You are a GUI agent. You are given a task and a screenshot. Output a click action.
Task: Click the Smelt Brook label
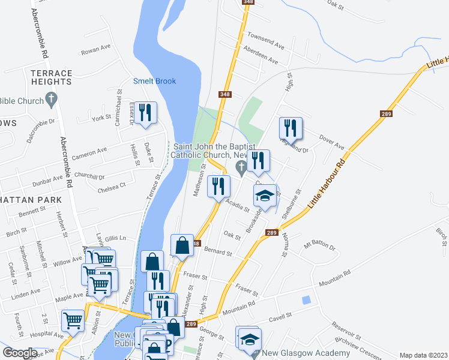pyautogui.click(x=154, y=81)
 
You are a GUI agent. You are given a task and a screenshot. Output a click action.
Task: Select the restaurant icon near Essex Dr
pyautogui.click(x=145, y=113)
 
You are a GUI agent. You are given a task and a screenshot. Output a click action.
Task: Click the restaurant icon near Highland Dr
pyautogui.click(x=291, y=128)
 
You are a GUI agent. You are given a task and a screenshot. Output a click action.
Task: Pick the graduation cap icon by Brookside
pyautogui.click(x=265, y=196)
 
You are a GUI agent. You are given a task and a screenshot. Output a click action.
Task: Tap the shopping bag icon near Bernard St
pyautogui.click(x=181, y=245)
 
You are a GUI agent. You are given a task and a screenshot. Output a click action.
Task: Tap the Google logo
pyautogui.click(x=19, y=353)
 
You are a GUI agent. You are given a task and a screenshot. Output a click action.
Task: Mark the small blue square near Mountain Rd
pyautogui.click(x=307, y=299)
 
